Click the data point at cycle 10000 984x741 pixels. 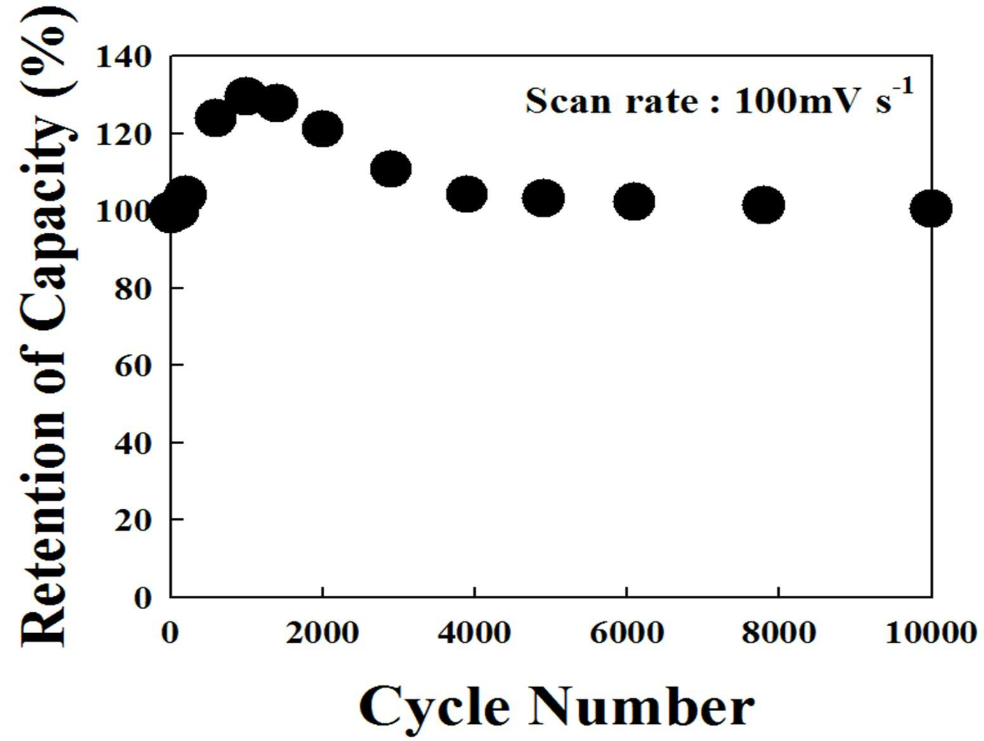(931, 209)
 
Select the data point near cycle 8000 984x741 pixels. (764, 204)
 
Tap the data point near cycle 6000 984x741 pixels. (633, 202)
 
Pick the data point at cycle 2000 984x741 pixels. (323, 129)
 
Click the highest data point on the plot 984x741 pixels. (246, 96)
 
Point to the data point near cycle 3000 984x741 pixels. (391, 169)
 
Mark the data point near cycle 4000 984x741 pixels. (467, 193)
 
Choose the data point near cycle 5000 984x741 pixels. (543, 198)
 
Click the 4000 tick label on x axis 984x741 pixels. (475, 633)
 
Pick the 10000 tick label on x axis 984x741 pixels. (931, 633)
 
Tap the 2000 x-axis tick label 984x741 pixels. (322, 633)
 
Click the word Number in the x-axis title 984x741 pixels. (641, 708)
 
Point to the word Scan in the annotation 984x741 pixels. (568, 102)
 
